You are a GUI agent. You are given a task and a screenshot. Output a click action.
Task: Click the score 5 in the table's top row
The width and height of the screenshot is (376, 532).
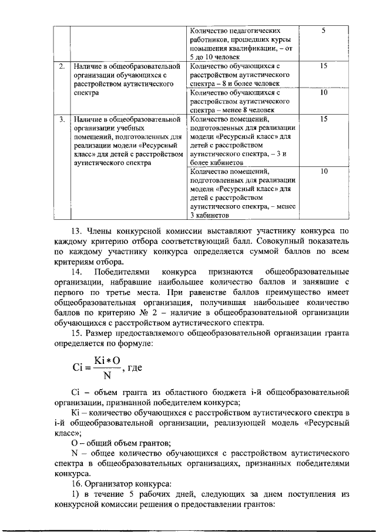click(323, 30)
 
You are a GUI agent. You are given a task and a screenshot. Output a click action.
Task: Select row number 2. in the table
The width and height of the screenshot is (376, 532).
click(62, 67)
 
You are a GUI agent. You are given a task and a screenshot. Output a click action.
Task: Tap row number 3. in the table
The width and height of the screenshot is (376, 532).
click(62, 119)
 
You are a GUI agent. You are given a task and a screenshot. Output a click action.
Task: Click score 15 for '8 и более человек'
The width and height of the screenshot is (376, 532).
click(323, 67)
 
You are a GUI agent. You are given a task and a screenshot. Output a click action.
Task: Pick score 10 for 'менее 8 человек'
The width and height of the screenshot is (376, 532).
click(323, 93)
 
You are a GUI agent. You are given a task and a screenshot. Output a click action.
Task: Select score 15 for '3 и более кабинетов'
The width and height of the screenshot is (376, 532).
click(323, 119)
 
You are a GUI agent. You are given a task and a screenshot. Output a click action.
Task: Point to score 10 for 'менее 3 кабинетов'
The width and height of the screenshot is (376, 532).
click(323, 171)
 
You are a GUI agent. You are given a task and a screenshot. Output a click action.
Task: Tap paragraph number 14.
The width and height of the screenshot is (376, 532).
click(78, 272)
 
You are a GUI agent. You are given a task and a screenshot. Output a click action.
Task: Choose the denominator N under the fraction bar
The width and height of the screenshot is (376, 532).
click(106, 376)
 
